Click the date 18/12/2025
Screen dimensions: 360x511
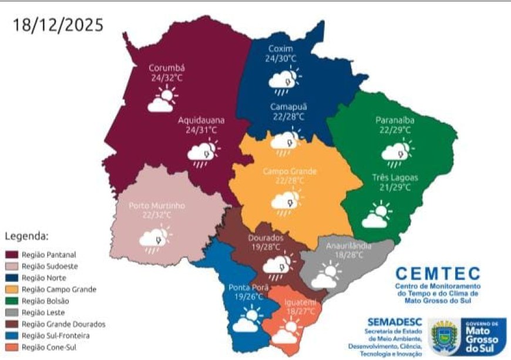click(58, 25)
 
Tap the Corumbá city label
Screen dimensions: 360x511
click(166, 67)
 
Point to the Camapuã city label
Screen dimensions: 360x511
click(288, 106)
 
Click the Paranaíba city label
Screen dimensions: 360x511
click(395, 120)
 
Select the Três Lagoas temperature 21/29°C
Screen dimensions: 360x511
click(391, 187)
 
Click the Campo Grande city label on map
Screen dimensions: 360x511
click(289, 171)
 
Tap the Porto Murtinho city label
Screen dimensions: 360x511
click(157, 206)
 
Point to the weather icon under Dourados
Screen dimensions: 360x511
click(277, 265)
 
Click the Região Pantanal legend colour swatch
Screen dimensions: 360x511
click(12, 255)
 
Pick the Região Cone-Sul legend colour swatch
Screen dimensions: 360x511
click(12, 347)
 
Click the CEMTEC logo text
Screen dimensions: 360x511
click(438, 273)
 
